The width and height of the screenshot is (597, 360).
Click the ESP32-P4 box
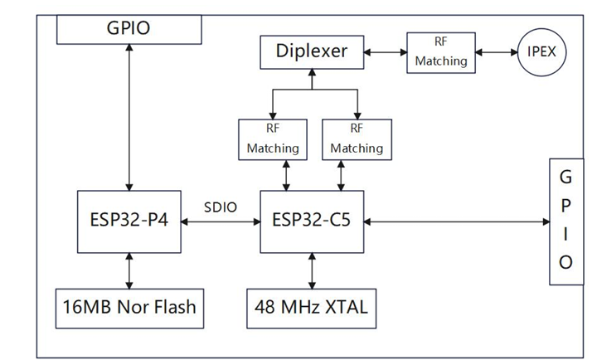point(129,221)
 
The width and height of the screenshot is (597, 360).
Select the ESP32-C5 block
point(312,221)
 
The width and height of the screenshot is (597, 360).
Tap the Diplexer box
point(311,52)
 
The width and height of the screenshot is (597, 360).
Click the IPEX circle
point(542,52)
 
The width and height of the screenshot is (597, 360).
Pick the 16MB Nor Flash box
point(129,307)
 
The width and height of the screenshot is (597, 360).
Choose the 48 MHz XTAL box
point(312,307)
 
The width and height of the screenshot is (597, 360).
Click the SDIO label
point(221,207)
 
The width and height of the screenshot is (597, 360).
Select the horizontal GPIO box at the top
point(129,28)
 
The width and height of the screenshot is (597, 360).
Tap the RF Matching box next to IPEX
point(440,52)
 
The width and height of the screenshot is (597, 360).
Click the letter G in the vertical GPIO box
point(565,177)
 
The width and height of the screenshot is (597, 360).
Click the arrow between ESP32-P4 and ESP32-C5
point(221,222)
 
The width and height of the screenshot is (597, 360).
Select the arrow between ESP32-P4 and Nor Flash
point(129,270)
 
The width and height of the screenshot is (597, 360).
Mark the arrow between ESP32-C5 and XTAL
point(312,270)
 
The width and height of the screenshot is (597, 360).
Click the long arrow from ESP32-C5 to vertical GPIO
point(456,221)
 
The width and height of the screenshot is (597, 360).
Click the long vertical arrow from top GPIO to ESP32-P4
point(129,116)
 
